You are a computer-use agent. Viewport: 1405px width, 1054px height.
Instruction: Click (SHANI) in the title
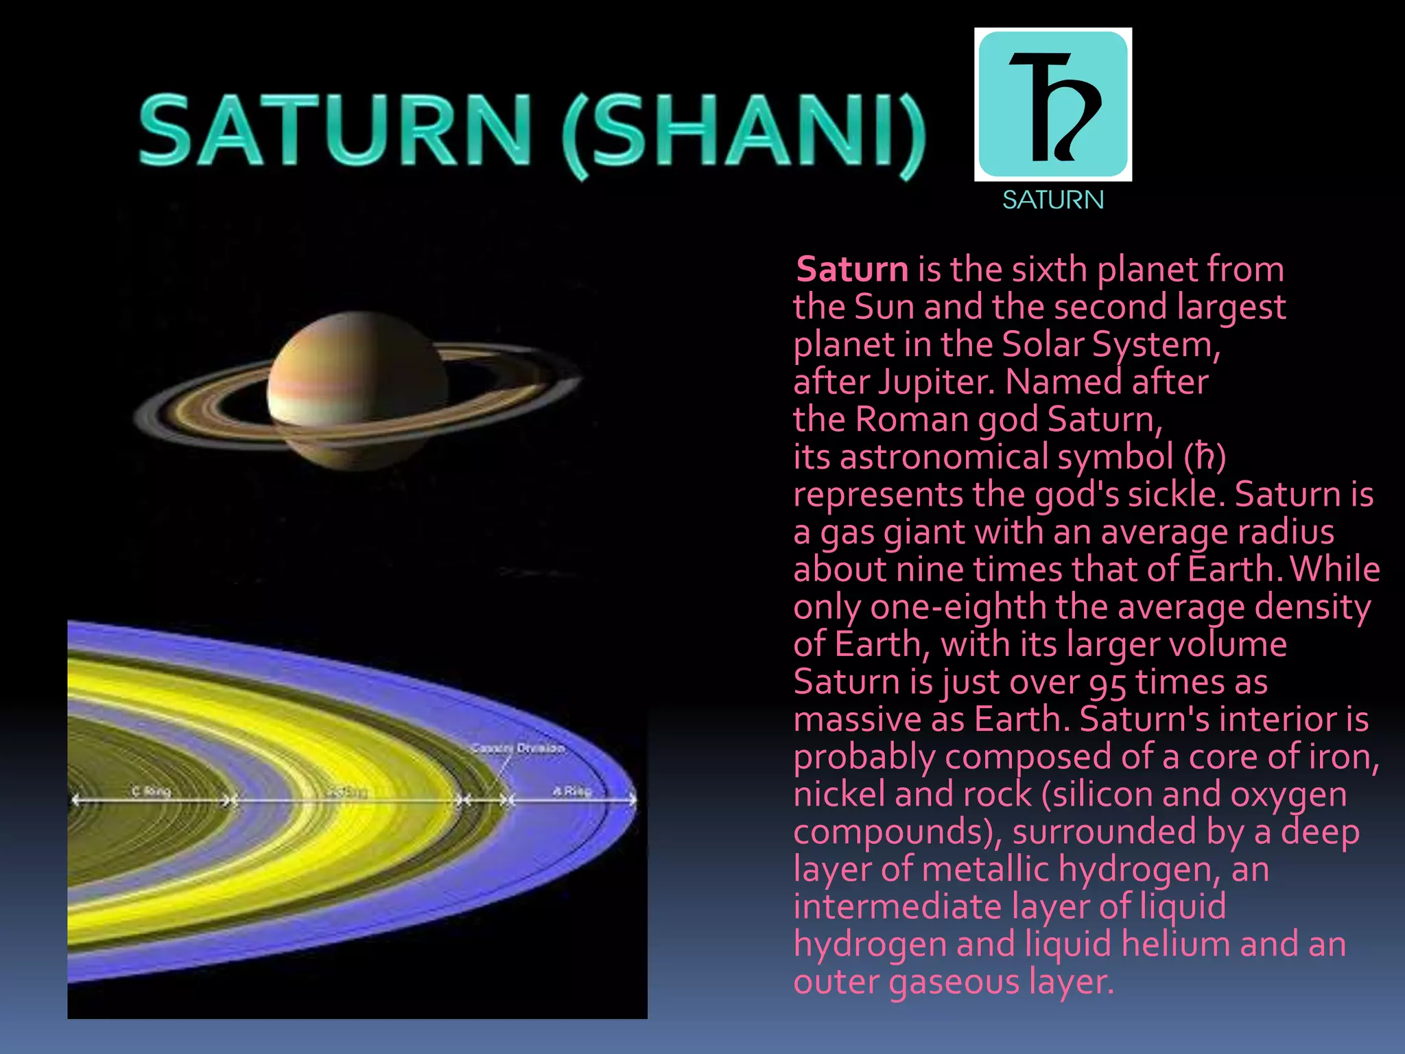tap(744, 134)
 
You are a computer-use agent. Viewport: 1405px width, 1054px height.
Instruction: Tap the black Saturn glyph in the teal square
tap(1053, 106)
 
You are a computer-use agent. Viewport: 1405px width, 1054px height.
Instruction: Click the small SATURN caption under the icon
tap(1053, 200)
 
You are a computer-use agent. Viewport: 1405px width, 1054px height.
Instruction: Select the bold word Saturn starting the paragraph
tap(852, 269)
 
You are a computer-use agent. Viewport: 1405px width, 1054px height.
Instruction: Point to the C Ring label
tap(151, 791)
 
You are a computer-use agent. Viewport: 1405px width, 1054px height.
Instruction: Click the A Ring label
tap(571, 791)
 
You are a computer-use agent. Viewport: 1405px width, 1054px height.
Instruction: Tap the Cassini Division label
tap(518, 748)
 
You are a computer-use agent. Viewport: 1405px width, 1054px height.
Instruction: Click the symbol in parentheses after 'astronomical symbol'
tap(1205, 457)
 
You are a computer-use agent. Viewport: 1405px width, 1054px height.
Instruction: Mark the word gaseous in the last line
tap(954, 982)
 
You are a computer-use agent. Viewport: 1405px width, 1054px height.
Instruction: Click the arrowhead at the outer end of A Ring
tap(633, 800)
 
